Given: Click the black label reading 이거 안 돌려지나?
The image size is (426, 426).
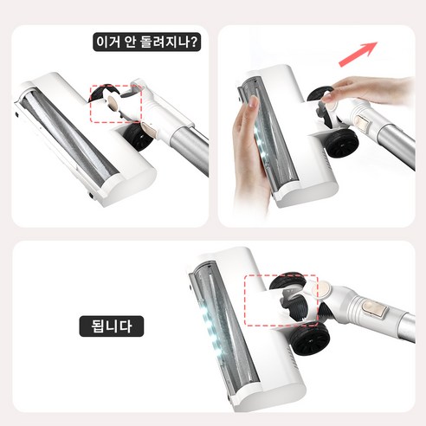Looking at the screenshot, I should click(x=147, y=41).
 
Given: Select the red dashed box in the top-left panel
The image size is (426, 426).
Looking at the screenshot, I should click(x=115, y=104).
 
